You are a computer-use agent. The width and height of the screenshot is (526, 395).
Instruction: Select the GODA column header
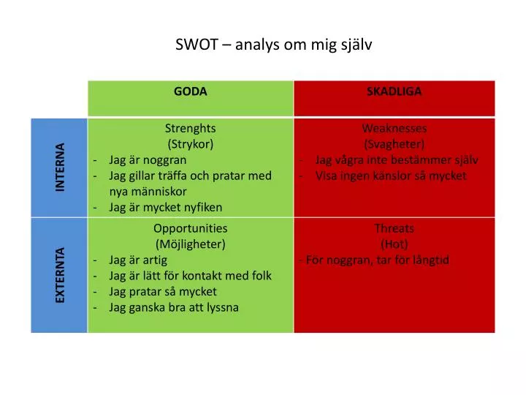click(x=190, y=91)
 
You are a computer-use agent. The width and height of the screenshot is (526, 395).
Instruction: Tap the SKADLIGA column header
click(x=394, y=91)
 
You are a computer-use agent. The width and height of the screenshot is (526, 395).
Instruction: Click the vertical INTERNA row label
click(x=60, y=168)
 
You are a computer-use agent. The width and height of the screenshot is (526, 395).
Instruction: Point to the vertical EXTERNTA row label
click(x=60, y=276)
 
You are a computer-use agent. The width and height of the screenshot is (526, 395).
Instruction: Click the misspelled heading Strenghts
click(x=190, y=128)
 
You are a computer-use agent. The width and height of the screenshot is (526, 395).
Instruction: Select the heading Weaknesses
click(x=394, y=129)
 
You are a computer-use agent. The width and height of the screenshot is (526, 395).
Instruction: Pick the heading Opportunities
click(x=190, y=228)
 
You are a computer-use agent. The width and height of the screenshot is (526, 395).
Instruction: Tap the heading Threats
click(x=394, y=228)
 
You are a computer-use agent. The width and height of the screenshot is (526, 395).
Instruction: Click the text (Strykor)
click(x=190, y=143)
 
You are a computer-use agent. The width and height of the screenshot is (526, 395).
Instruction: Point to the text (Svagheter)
click(x=394, y=144)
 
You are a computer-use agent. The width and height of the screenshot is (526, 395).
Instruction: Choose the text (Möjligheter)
click(x=190, y=244)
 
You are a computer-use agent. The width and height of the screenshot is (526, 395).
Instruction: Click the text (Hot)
click(x=394, y=244)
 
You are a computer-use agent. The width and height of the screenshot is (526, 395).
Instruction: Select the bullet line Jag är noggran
click(x=148, y=159)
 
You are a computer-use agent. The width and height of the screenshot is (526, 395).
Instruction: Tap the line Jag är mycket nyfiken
click(x=165, y=207)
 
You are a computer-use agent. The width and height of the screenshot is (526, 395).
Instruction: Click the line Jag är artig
click(x=138, y=260)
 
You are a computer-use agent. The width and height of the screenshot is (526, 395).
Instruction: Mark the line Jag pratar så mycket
click(x=162, y=291)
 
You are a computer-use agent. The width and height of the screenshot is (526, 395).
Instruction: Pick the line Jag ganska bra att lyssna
click(x=174, y=307)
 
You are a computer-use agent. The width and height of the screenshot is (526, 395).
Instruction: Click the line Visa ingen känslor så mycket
click(x=391, y=176)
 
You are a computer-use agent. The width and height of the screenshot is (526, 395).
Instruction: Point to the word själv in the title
click(x=356, y=45)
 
